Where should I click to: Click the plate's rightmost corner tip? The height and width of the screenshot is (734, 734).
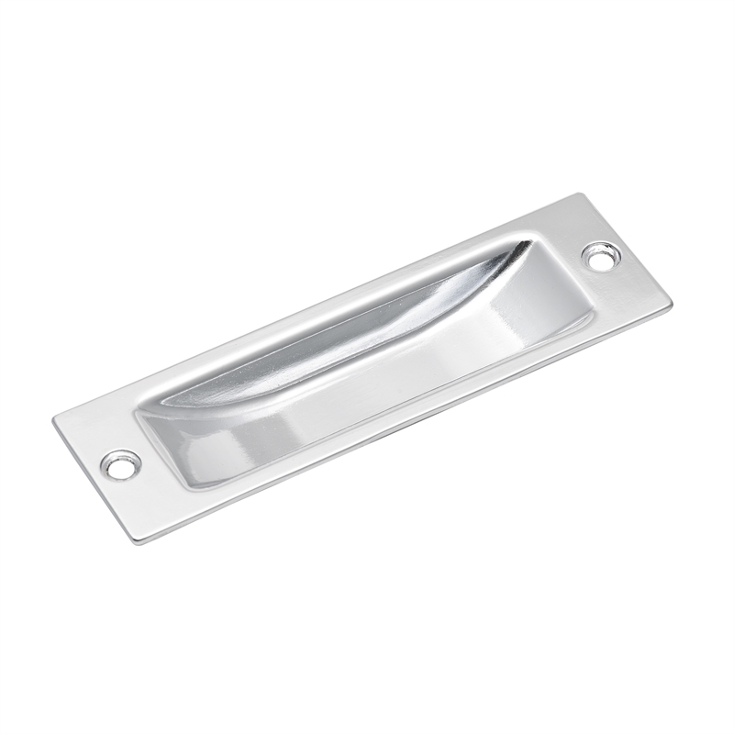click(672, 309)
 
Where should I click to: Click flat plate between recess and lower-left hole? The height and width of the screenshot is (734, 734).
click(147, 440)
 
